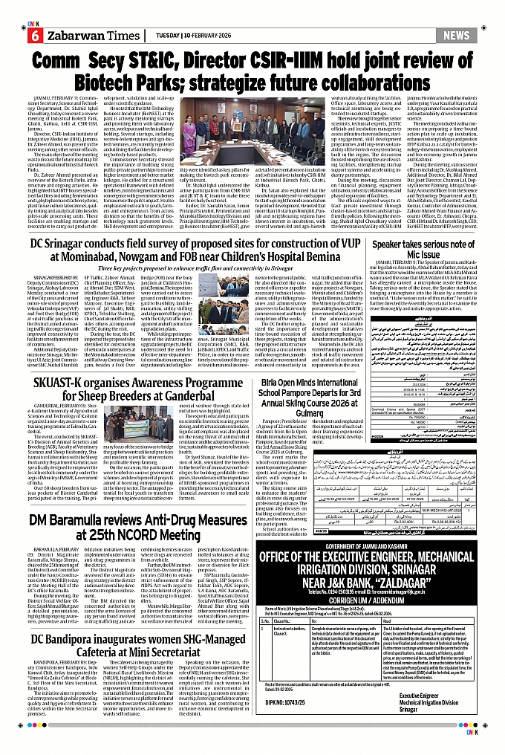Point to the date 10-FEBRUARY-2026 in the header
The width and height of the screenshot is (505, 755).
coord(187,35)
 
